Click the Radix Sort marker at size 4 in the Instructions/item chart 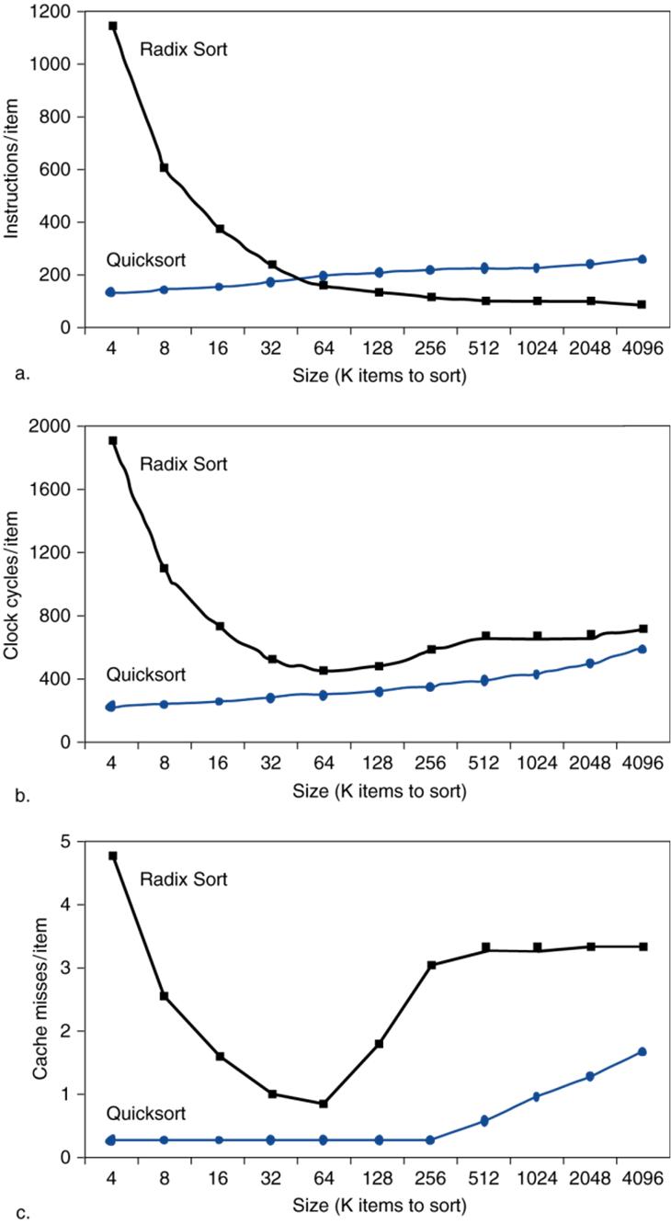[112, 26]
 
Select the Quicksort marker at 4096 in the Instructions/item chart [643, 259]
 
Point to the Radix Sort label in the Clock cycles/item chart [183, 463]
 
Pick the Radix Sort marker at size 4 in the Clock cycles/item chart [112, 441]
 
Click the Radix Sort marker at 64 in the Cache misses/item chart [324, 1104]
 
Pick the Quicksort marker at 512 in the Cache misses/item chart [484, 1121]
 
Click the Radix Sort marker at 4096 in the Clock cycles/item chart [643, 629]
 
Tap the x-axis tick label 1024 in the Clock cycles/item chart [537, 765]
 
